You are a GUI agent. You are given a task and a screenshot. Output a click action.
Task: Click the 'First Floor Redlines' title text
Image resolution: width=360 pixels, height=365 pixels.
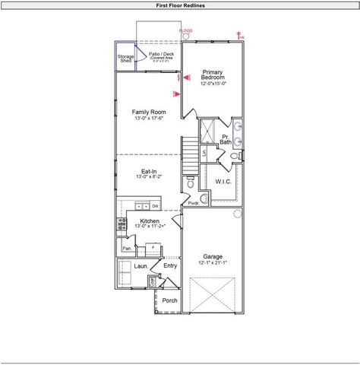pos(179,5)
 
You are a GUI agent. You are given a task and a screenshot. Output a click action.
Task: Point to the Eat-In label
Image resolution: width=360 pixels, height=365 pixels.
pos(149,172)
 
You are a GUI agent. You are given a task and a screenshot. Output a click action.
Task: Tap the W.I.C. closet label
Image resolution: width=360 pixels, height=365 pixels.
pos(223,182)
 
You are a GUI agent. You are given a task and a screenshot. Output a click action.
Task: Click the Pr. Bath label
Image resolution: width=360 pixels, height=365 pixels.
pos(226,140)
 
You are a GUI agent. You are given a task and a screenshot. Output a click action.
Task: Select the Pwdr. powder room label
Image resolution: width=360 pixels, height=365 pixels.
pos(193,204)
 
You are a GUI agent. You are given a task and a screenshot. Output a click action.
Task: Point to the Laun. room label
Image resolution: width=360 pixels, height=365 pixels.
pos(141,267)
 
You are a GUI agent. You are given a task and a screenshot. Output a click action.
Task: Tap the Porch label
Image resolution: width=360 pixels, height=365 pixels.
pos(169,300)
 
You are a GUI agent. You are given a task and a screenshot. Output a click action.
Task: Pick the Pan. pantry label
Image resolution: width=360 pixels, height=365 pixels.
pos(127,248)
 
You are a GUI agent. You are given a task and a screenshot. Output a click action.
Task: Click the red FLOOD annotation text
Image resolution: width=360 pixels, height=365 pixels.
pos(185,30)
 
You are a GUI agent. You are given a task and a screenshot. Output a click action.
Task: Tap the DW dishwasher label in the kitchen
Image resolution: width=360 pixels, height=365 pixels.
pos(156,206)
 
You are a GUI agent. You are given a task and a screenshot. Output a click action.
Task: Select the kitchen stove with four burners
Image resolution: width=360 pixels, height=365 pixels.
pos(121,223)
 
